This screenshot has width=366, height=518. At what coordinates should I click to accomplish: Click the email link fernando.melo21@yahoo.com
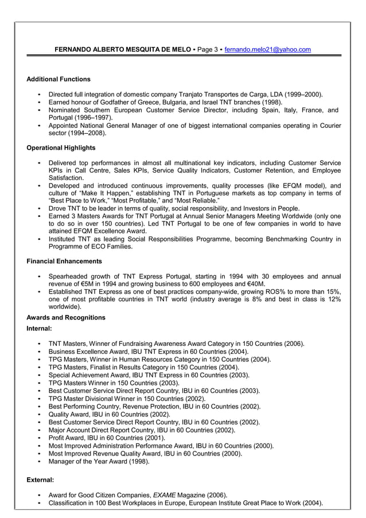pyautogui.click(x=267, y=50)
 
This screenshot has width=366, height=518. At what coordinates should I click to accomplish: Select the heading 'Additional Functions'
pyautogui.click(x=59, y=79)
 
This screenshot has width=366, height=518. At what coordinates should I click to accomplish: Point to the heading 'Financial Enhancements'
pyautogui.click(x=64, y=261)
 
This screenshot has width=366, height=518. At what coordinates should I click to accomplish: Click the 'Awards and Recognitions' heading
pyautogui.click(x=66, y=317)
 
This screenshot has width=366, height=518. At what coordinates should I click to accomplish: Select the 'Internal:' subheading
pyautogui.click(x=40, y=329)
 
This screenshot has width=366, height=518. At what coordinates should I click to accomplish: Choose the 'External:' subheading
pyautogui.click(x=41, y=479)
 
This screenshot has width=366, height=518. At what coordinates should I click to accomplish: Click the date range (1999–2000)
pyautogui.click(x=303, y=94)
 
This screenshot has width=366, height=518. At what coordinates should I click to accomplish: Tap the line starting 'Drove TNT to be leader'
pyautogui.click(x=174, y=208)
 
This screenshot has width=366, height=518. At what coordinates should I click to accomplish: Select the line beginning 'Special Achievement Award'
pyautogui.click(x=149, y=375)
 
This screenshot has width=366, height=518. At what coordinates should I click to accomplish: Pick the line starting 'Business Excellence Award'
pyautogui.click(x=148, y=352)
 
